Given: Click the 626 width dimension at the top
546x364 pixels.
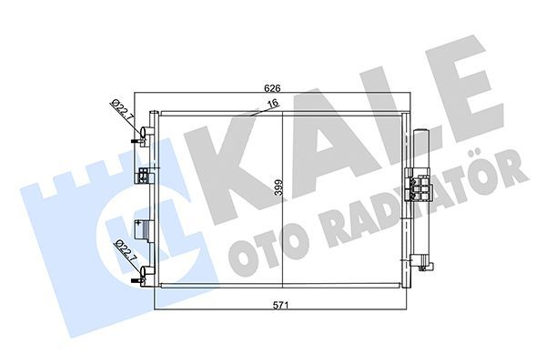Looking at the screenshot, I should [271, 89].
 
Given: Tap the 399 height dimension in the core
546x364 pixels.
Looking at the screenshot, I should [278, 188].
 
